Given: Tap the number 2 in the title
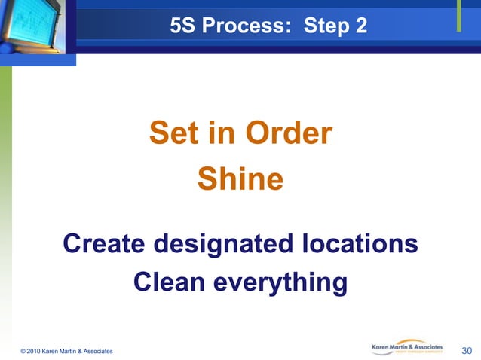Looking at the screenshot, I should [x=360, y=27].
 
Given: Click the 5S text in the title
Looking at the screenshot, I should [x=182, y=27].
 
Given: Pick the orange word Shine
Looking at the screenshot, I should [x=240, y=179].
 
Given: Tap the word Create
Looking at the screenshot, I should [x=105, y=244].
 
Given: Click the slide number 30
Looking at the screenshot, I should [x=467, y=349].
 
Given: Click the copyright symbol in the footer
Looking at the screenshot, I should [x=23, y=351].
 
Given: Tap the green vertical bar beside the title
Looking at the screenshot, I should [x=459, y=17].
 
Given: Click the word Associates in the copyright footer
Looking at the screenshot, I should [x=97, y=351].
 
